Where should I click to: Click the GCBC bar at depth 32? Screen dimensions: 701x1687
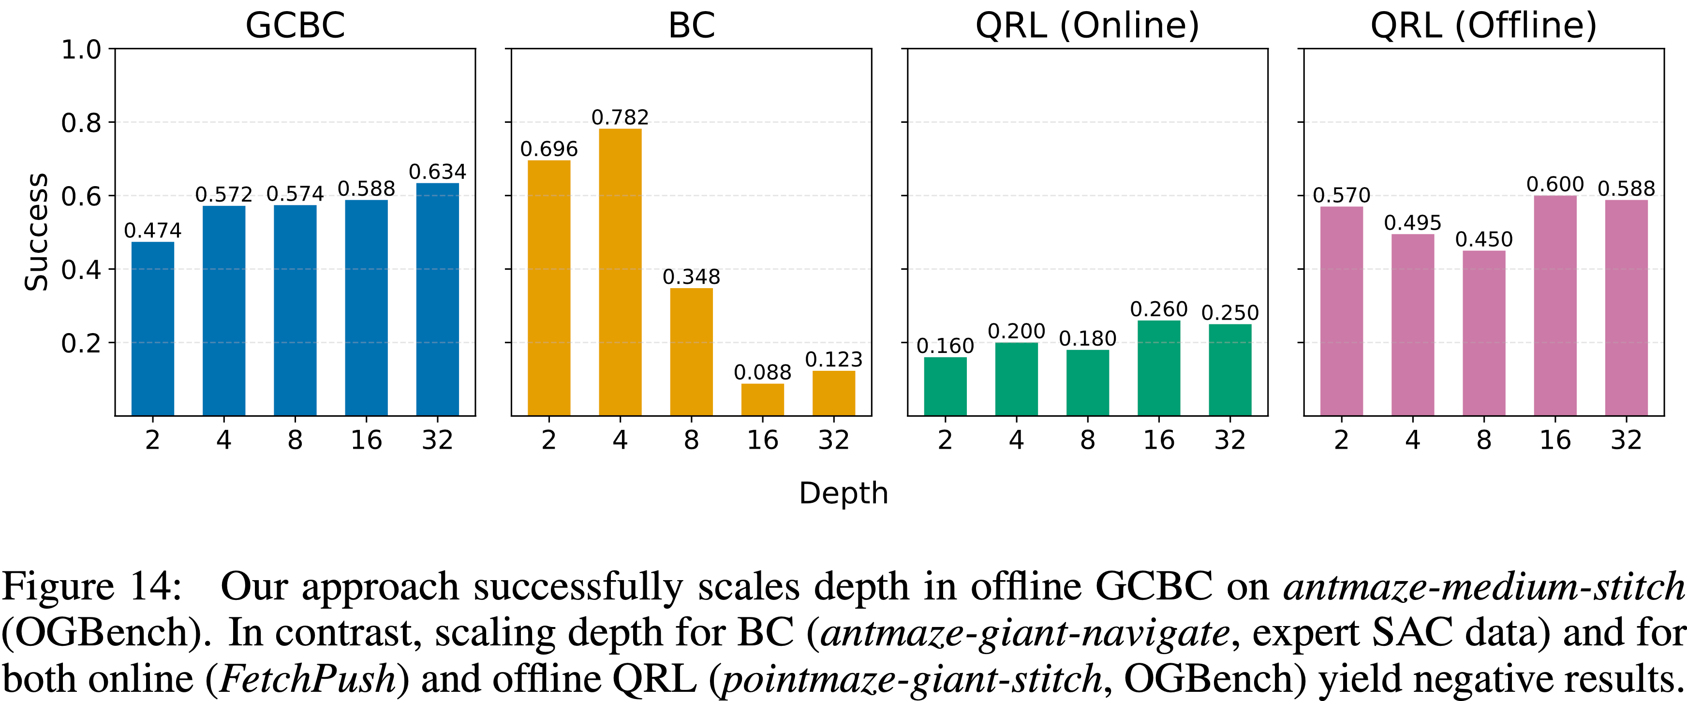click(x=437, y=299)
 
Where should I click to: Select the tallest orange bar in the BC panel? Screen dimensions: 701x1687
click(x=620, y=272)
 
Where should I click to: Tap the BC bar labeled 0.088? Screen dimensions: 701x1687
click(x=762, y=399)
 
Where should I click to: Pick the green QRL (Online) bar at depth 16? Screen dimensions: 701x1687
click(x=1158, y=368)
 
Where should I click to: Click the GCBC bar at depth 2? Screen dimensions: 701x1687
click(x=152, y=329)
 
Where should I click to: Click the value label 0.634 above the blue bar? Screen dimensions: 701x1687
click(x=437, y=172)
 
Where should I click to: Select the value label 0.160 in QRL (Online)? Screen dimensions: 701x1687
click(x=945, y=346)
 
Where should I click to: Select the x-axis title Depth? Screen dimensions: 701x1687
click(x=843, y=492)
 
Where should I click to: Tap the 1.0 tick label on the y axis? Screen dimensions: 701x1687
click(x=81, y=50)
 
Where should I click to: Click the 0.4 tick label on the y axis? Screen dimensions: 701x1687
click(x=81, y=270)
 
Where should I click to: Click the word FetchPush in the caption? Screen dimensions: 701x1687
click(x=308, y=678)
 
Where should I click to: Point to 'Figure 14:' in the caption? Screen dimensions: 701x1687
click(x=92, y=586)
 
